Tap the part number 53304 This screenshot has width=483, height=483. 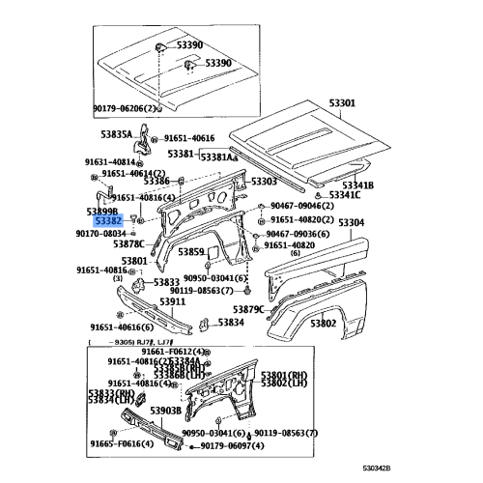point(351,222)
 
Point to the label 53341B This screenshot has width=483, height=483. point(358,185)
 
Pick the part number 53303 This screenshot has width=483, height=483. point(263,181)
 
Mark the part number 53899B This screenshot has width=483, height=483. point(101,210)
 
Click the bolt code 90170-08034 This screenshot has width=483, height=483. point(100,233)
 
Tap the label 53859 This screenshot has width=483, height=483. point(189,252)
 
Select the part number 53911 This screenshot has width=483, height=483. point(174,301)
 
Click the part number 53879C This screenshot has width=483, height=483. point(246,309)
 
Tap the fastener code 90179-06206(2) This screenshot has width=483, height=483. point(123,108)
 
